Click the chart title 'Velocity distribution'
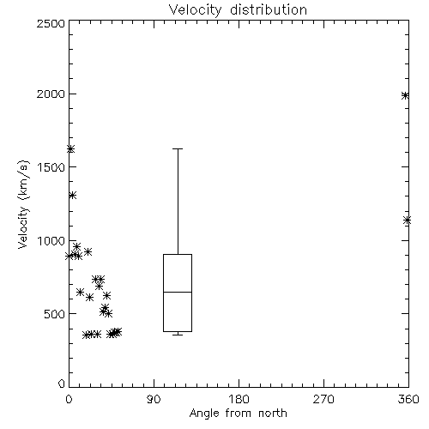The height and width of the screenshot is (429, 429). pos(238,10)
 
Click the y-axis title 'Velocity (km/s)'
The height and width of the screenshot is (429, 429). pos(23,204)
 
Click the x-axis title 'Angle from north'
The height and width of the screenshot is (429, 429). pos(238,414)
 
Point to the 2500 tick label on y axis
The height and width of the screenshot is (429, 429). pos(51,23)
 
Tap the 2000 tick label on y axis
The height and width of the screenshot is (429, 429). pos(51,94)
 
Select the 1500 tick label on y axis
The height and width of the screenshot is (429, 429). pos(51,167)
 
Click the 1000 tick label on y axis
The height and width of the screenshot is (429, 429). pos(51,240)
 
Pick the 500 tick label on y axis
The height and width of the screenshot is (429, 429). pos(55,314)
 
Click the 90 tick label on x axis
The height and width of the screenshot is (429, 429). pos(154,399)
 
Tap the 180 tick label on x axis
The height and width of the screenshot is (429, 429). pos(239,399)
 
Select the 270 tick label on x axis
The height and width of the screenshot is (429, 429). pos(323,399)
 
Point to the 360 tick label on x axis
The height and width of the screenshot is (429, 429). pos(408,399)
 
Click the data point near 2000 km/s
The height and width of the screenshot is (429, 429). pos(405,95)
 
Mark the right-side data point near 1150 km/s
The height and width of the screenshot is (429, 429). pos(407,221)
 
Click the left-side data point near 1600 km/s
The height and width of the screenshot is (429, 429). pos(70,149)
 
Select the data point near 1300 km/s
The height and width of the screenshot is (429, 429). pos(72,196)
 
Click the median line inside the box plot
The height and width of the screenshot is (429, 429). pos(178,292)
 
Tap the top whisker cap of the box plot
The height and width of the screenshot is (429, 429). pos(178,148)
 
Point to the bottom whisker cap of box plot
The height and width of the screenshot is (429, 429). pos(178,335)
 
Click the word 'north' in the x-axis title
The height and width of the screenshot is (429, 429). pos(273,414)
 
